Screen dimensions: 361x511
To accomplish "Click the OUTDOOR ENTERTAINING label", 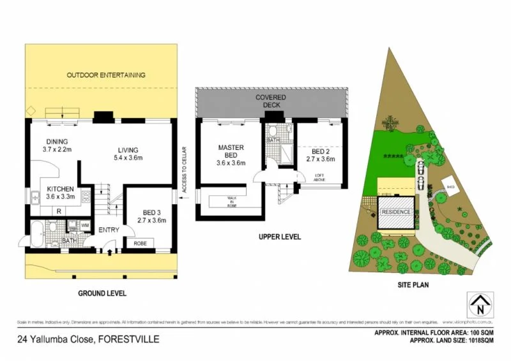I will coord(106,75).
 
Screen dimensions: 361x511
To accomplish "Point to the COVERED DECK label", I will coord(271,100).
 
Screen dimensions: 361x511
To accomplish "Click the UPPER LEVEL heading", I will coord(279,237).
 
